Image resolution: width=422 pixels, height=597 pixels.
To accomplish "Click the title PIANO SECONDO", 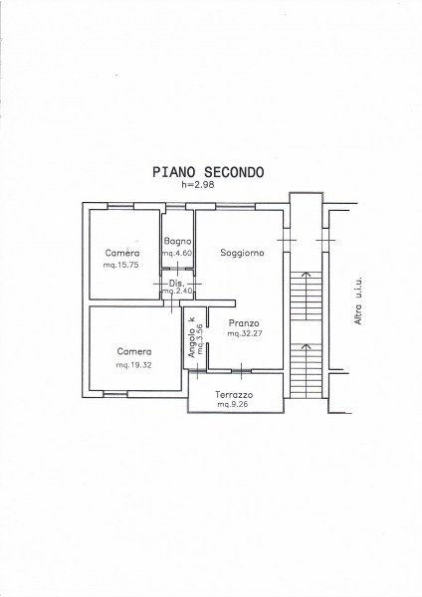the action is [x=208, y=172].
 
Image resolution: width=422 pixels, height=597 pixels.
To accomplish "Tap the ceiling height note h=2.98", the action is [x=198, y=185].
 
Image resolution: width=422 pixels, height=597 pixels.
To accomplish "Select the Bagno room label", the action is [x=177, y=241].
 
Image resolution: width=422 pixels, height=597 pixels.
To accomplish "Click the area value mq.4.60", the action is [x=177, y=253].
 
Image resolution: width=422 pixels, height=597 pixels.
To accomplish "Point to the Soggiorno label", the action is [x=242, y=253].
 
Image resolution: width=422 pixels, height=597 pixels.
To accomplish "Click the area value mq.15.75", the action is [x=120, y=265].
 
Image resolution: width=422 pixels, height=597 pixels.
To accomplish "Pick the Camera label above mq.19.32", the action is [x=134, y=351].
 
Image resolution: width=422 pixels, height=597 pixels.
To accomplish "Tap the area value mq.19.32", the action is [x=133, y=365].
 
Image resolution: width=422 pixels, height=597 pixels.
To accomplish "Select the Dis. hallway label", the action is [x=177, y=284].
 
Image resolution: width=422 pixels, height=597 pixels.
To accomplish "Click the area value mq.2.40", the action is [x=178, y=292].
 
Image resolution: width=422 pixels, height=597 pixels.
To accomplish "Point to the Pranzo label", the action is [x=244, y=323].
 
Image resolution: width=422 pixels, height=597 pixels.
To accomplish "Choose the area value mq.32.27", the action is [x=245, y=333].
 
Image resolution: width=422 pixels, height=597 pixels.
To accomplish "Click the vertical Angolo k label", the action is [x=192, y=337].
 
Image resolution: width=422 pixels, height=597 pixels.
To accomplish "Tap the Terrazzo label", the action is [x=234, y=395].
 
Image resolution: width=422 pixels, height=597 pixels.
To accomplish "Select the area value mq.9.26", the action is [x=233, y=404].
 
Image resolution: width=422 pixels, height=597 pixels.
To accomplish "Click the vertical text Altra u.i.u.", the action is [x=358, y=300].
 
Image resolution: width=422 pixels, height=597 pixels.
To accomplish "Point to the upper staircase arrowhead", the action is [x=306, y=274].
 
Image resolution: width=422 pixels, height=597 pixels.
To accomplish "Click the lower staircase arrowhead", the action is [x=306, y=346].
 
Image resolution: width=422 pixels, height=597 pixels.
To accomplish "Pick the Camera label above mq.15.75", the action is [x=122, y=253].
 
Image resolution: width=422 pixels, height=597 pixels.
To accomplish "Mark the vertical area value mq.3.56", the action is [x=200, y=339].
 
